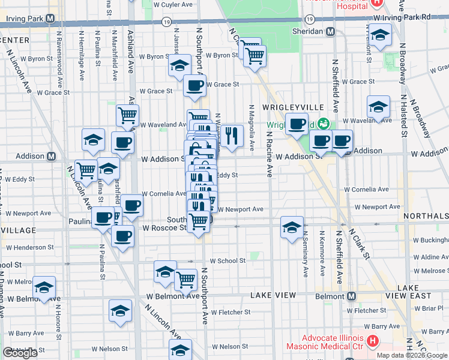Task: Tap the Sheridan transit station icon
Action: point(330,31)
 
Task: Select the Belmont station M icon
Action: point(352,296)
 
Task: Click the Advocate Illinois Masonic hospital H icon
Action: point(373,342)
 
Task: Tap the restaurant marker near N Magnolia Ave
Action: point(232,136)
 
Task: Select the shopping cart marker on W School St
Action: point(186,279)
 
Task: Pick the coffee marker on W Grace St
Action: point(194,86)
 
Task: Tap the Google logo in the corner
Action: point(20,353)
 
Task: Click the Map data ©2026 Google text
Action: point(412,355)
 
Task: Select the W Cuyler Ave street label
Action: point(173,4)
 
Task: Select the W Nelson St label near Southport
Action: point(225,347)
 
